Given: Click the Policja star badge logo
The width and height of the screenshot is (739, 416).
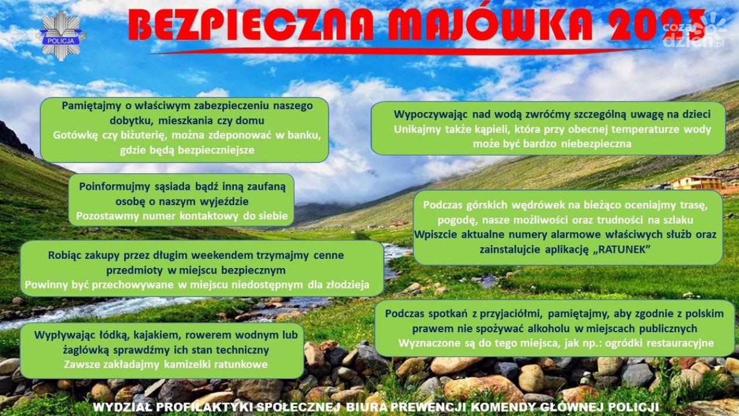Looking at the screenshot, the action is [62, 36].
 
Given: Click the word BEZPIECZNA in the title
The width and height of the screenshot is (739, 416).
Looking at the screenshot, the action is [252, 26].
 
